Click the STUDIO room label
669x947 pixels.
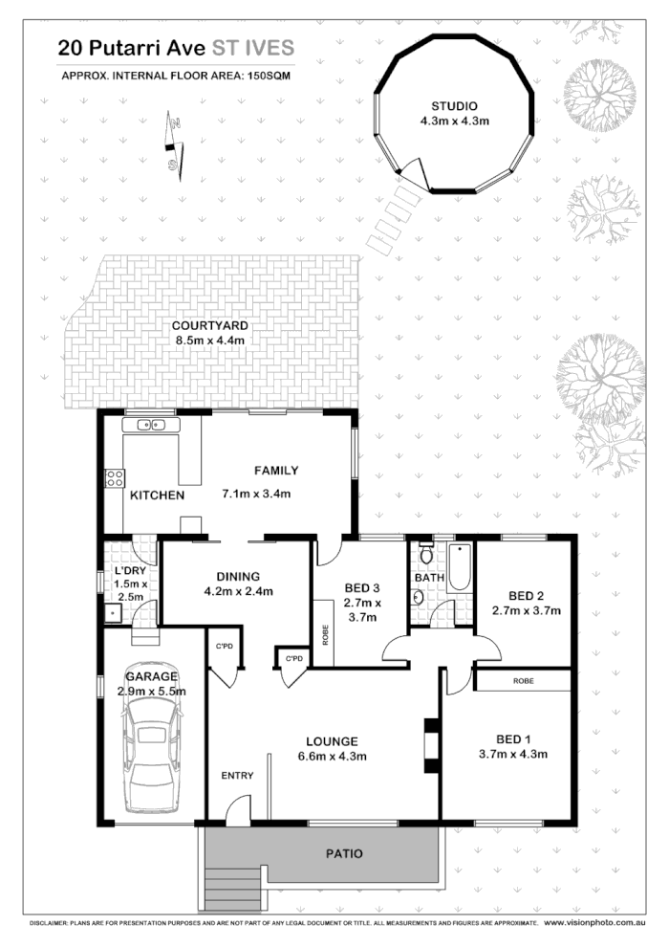[454, 105]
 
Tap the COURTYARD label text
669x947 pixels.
[210, 325]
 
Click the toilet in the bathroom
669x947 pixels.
[427, 555]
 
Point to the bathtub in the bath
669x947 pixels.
[459, 567]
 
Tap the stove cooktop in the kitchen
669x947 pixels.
[115, 478]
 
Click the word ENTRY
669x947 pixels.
[237, 775]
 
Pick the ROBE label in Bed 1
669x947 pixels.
[523, 680]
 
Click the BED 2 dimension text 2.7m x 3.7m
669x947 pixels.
[526, 609]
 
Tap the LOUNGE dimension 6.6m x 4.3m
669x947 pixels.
[332, 757]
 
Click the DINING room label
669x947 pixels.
[238, 576]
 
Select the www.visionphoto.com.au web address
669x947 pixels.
[604, 924]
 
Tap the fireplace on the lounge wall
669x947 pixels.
[431, 745]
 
